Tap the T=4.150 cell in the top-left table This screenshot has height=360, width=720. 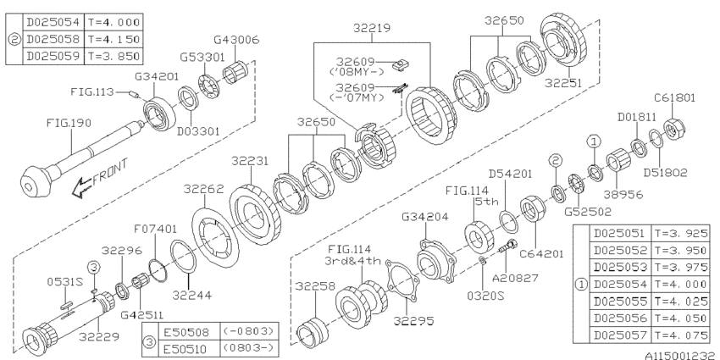click(111, 40)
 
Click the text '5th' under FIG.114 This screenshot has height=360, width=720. click(485, 202)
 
